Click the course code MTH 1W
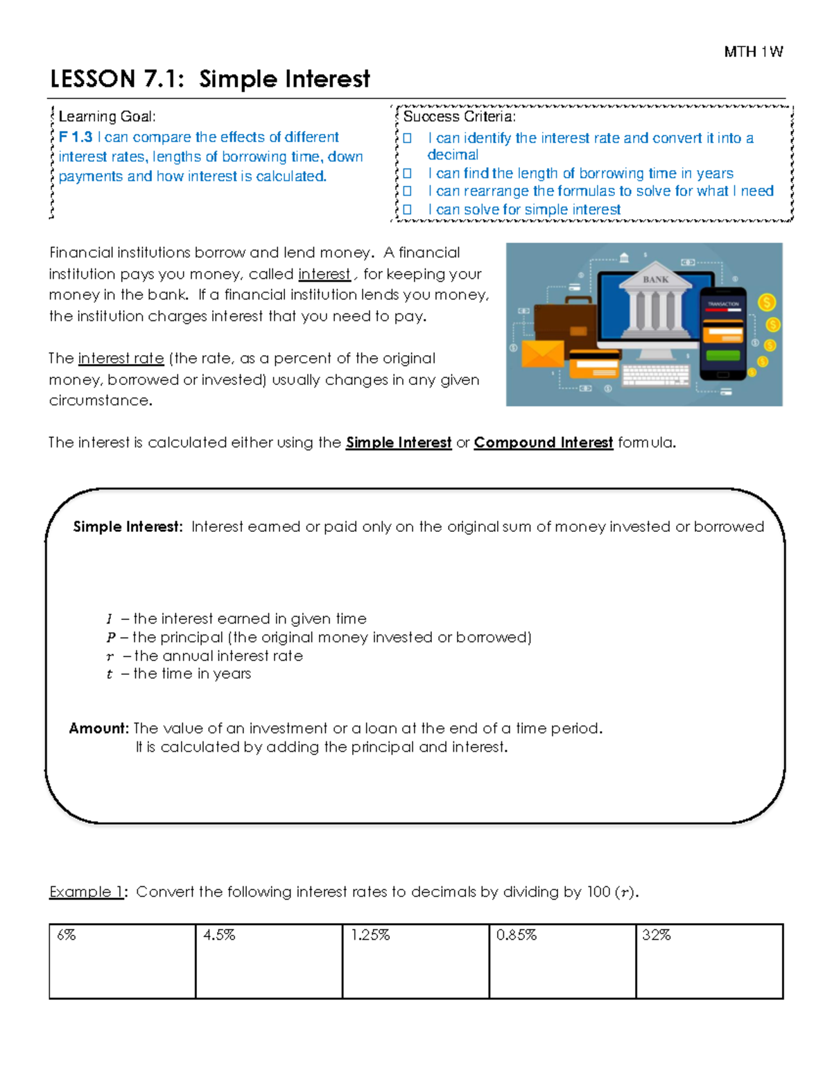point(753,52)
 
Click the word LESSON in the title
point(92,79)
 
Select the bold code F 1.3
point(75,137)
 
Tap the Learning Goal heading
point(107,117)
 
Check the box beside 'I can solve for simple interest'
point(408,209)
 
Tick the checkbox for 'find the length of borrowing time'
point(408,173)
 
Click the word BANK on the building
point(655,279)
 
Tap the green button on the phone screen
point(722,356)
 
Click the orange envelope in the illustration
point(542,354)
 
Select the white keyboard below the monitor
point(655,374)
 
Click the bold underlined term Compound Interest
point(543,442)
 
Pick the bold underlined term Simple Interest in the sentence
point(398,442)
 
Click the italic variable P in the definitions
point(110,637)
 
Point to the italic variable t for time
point(110,674)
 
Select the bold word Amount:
point(98,728)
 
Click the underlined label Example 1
point(86,892)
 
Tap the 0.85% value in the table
point(516,935)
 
